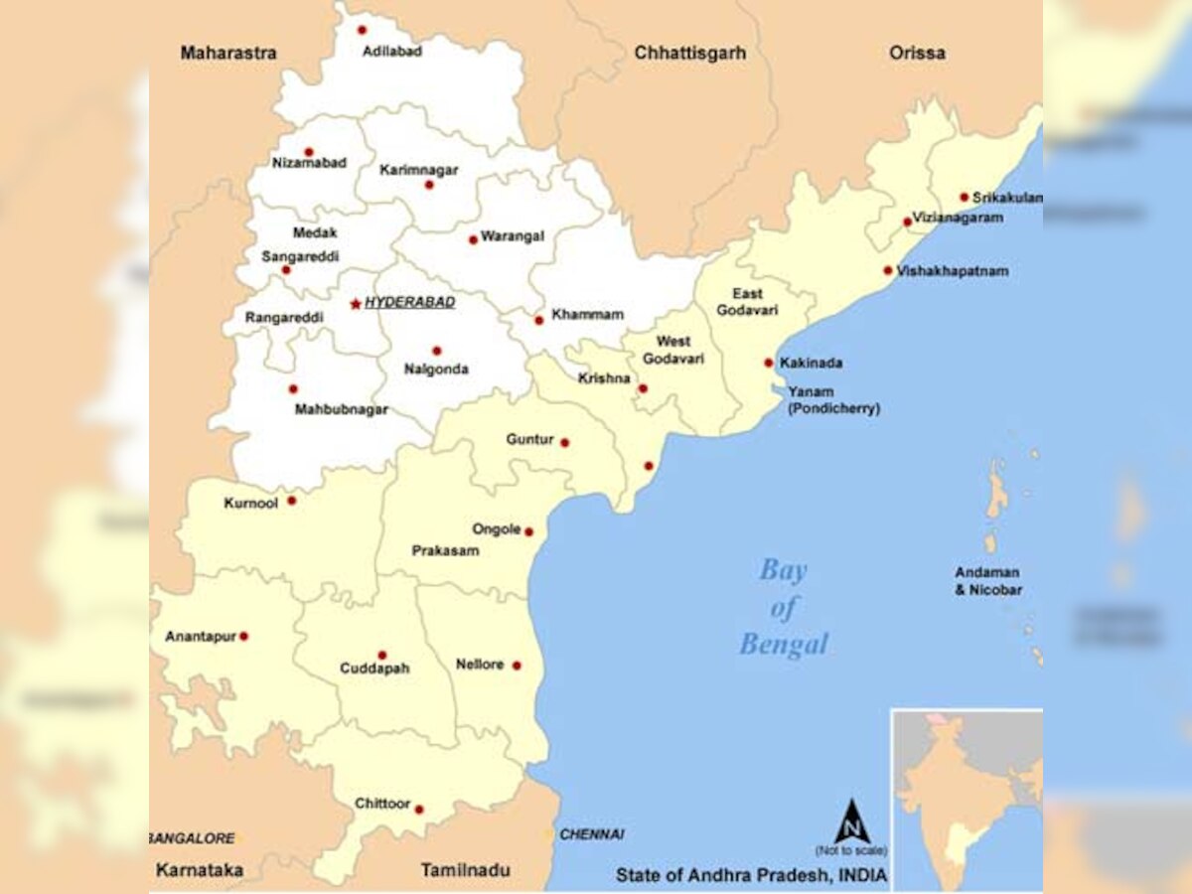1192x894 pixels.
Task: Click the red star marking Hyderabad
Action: [356, 304]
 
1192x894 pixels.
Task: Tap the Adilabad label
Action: [392, 51]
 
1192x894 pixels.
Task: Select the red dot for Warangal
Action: [473, 239]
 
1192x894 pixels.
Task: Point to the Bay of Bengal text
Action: [784, 608]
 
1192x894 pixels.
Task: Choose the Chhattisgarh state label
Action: [689, 53]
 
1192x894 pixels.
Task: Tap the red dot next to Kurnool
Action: [292, 501]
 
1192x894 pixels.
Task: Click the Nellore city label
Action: [480, 665]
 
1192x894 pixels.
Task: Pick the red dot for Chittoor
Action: [419, 810]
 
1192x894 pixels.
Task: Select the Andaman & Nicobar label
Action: [988, 581]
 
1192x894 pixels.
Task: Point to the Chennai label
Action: [592, 834]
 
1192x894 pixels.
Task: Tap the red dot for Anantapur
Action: [243, 636]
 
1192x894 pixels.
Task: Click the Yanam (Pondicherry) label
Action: [833, 399]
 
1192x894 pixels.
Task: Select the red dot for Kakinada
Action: [769, 363]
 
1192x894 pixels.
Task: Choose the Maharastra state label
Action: [228, 53]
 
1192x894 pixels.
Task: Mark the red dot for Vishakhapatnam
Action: [888, 270]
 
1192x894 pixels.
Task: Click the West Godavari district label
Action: [673, 350]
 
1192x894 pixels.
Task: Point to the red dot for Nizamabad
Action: [309, 152]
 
